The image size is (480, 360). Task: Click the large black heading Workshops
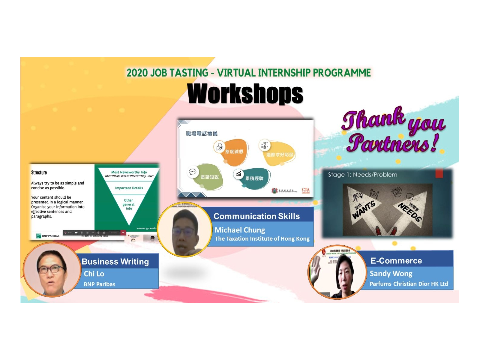click(x=245, y=94)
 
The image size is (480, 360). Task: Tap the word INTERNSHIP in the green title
click(x=284, y=73)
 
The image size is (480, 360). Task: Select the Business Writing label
click(x=115, y=262)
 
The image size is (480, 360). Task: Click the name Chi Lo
click(x=94, y=274)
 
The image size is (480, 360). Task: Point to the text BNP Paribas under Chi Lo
click(x=99, y=284)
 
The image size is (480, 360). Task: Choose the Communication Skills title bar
click(x=256, y=216)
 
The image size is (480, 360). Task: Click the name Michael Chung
click(x=240, y=230)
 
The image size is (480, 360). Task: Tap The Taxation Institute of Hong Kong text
click(x=262, y=239)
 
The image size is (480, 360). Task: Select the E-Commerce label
click(x=396, y=261)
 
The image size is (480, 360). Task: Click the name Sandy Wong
click(x=391, y=274)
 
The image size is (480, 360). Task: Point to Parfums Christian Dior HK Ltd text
click(x=409, y=284)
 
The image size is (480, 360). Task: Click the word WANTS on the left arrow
click(x=364, y=210)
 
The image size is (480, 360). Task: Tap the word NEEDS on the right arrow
click(x=410, y=212)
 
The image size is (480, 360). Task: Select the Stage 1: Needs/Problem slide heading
click(x=362, y=175)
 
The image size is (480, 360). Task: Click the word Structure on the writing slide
click(x=39, y=172)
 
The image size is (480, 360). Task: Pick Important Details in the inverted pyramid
click(x=129, y=188)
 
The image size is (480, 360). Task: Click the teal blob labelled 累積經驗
click(x=254, y=178)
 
